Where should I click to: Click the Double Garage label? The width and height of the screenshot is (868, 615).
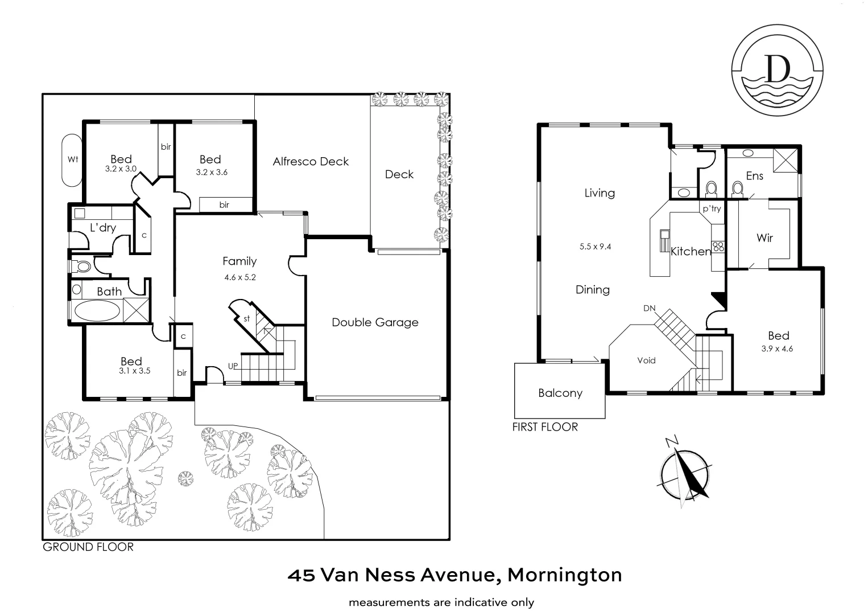[375, 322]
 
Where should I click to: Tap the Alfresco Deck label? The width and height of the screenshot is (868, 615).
[311, 161]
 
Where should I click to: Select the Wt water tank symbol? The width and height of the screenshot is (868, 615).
[72, 159]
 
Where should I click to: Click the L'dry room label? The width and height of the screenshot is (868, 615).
[103, 228]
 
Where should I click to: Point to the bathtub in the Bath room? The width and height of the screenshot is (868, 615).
[97, 311]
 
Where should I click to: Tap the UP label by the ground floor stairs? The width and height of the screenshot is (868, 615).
[233, 366]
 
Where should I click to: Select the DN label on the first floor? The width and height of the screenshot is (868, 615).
[650, 308]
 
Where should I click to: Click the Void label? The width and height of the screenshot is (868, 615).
[646, 360]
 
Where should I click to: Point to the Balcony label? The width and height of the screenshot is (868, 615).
[560, 393]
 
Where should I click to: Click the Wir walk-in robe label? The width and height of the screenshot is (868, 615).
[764, 237]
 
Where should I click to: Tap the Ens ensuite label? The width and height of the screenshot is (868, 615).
[754, 175]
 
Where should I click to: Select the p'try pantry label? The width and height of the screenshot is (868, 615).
[711, 208]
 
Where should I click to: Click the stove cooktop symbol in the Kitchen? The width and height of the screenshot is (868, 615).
[718, 247]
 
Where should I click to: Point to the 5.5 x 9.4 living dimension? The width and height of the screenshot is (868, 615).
[595, 247]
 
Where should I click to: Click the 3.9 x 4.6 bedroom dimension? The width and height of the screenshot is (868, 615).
[777, 348]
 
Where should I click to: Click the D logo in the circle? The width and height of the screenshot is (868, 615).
[778, 71]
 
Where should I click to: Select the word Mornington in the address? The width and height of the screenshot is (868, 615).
[564, 575]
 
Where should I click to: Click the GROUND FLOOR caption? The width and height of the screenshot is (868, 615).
[88, 547]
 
